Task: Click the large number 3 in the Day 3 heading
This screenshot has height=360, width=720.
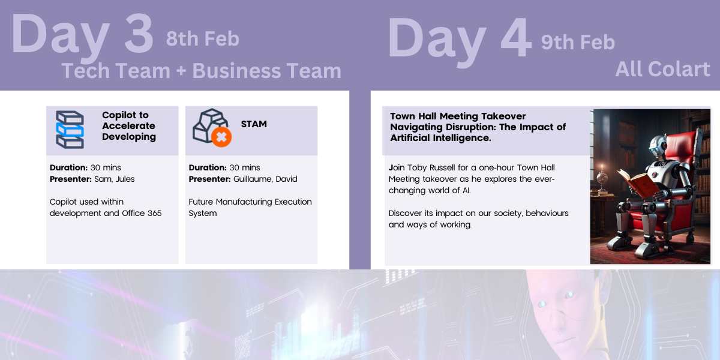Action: click(139, 33)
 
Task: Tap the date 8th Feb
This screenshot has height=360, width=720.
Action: click(203, 39)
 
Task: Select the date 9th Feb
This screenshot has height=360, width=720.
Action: click(578, 43)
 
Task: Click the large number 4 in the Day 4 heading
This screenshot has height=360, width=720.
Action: click(516, 37)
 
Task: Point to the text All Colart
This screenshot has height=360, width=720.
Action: click(662, 69)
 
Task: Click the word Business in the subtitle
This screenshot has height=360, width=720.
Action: click(237, 71)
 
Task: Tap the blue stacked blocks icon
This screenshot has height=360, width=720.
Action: click(70, 130)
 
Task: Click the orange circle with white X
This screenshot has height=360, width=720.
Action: click(221, 137)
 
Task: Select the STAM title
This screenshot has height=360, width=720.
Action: click(254, 124)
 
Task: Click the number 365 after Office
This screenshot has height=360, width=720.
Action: click(155, 213)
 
